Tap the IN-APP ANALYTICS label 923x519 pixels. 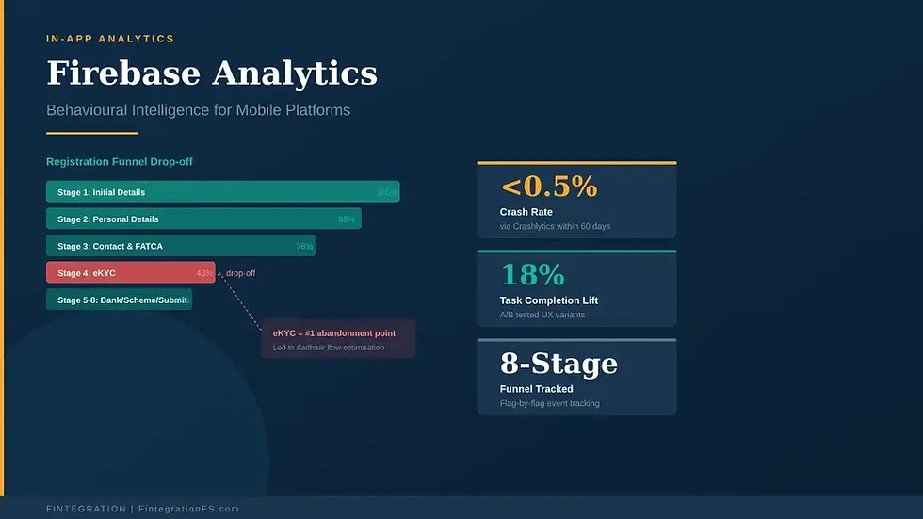110,39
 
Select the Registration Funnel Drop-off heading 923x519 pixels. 119,162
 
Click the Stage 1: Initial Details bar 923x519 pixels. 222,192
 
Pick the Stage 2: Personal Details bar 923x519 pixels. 203,219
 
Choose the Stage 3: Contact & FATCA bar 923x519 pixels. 180,247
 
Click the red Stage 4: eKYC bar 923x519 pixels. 130,273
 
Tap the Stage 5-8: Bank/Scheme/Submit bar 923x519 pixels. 119,300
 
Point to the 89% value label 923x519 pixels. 347,219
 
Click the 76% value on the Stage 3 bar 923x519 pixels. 304,247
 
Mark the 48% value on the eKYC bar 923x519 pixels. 204,273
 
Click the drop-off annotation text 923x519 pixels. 240,273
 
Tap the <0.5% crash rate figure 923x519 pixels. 549,187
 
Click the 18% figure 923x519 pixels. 532,275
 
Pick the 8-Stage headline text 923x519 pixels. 559,364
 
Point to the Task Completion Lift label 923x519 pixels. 548,300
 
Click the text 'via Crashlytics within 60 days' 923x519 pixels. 555,227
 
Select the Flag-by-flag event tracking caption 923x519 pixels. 549,404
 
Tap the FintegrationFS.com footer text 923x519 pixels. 188,509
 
